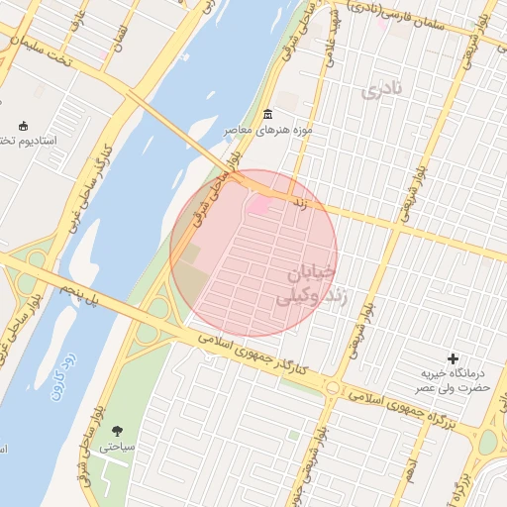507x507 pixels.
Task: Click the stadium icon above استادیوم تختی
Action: coord(24,126)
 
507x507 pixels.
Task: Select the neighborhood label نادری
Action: coord(383,91)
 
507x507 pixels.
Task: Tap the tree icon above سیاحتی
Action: coord(119,430)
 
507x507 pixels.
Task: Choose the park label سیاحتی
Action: coord(115,448)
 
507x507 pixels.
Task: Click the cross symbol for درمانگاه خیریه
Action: coord(454,357)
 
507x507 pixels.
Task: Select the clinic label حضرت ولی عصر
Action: coord(452,390)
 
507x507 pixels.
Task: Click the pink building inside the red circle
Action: coord(259,205)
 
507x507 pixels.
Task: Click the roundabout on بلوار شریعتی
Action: coord(333,387)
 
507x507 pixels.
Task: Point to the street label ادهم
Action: coord(408,472)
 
